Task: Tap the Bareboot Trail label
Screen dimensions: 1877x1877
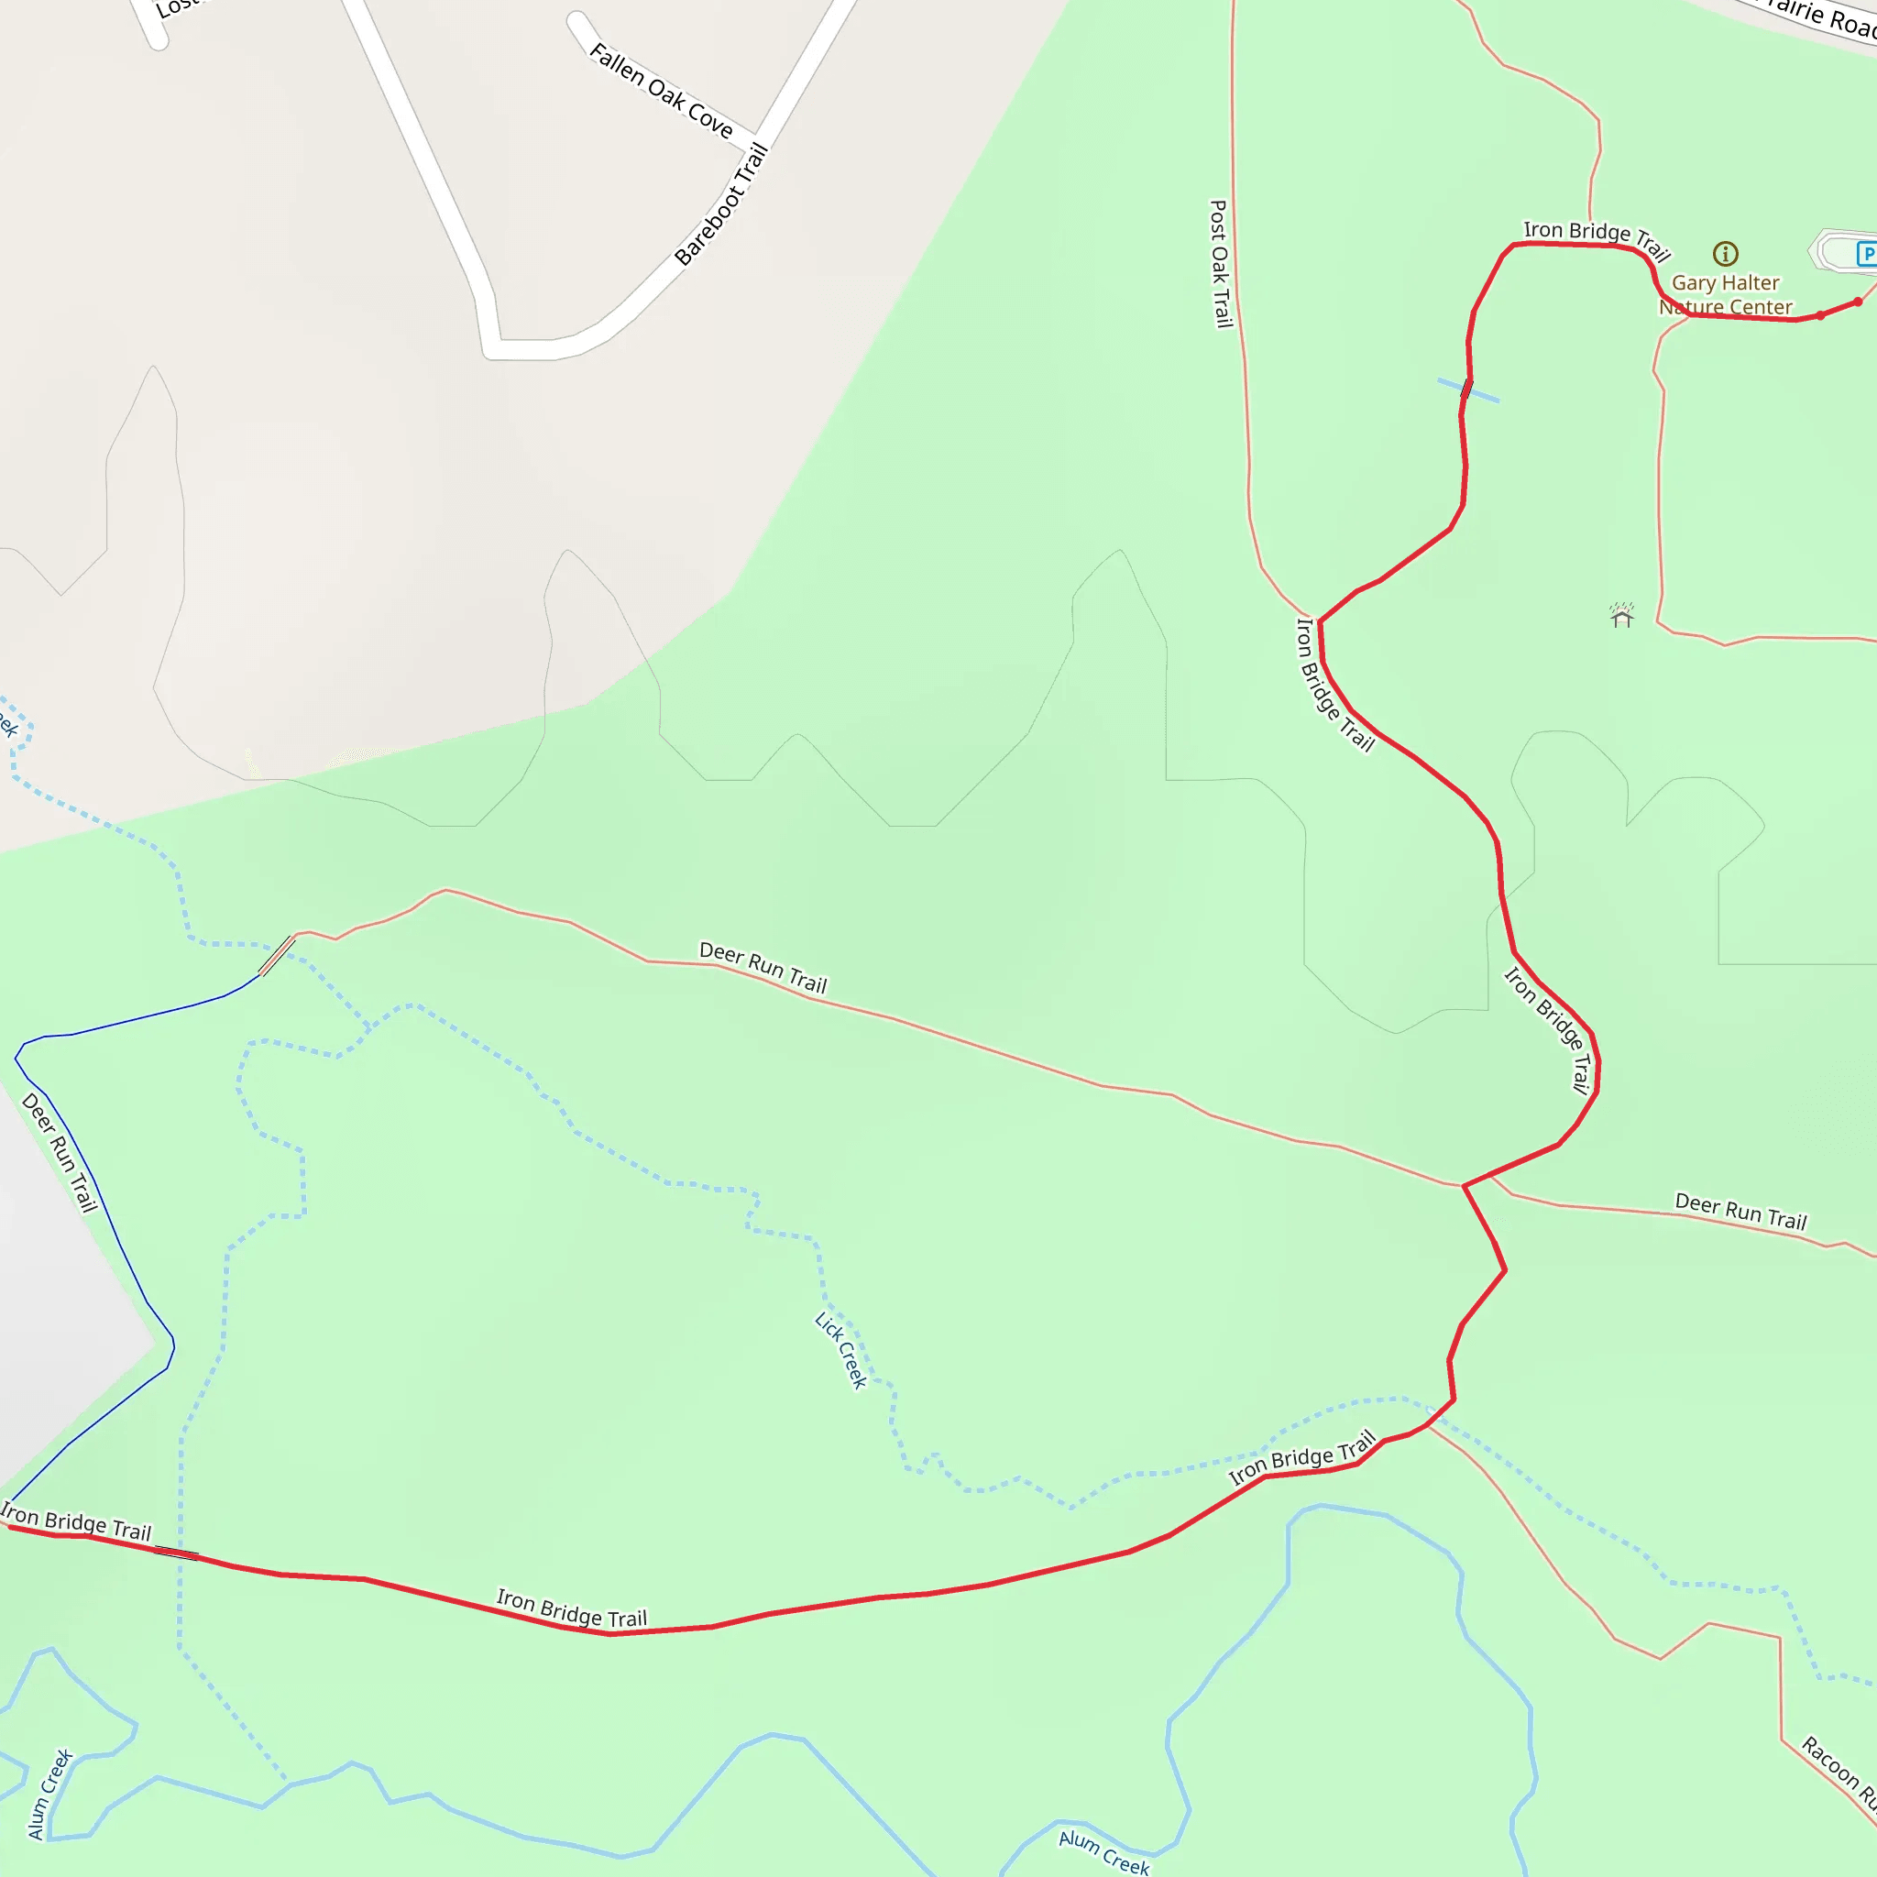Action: coord(722,205)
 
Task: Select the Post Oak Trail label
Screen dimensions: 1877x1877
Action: coord(1219,263)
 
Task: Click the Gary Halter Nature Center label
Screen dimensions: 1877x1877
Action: coord(1726,294)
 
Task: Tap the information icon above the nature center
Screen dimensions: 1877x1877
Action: coord(1726,254)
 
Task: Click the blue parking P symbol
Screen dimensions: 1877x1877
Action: coord(1866,255)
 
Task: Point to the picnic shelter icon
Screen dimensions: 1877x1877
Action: coord(1621,616)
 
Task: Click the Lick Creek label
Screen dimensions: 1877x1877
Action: coord(840,1350)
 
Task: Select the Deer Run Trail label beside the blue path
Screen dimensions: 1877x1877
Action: coord(60,1152)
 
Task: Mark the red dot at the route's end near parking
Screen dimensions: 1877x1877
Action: coord(1858,302)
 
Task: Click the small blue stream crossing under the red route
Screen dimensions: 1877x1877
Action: coord(1467,390)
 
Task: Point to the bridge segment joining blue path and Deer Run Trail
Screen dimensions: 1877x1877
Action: coord(277,955)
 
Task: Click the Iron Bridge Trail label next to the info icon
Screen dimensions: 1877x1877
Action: coord(1597,239)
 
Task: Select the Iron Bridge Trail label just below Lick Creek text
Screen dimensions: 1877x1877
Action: coord(1301,1457)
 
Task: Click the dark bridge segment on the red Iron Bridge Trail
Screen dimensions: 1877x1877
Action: coord(176,1553)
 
